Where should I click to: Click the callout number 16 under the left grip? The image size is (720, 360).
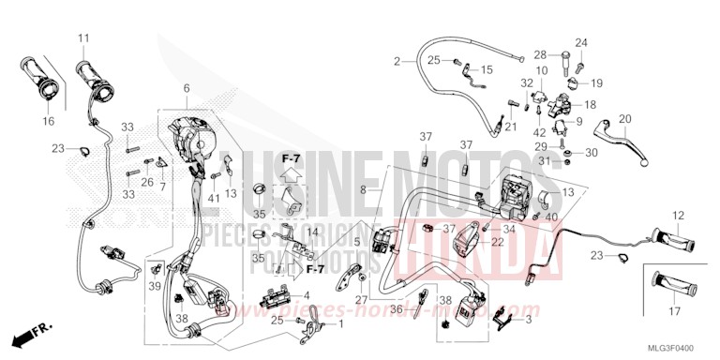48,122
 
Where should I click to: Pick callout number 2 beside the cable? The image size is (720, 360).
397,61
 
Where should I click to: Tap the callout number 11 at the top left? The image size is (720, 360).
82,37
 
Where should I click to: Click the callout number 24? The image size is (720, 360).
580,43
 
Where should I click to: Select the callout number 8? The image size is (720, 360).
363,188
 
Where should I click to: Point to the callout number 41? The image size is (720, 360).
215,198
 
